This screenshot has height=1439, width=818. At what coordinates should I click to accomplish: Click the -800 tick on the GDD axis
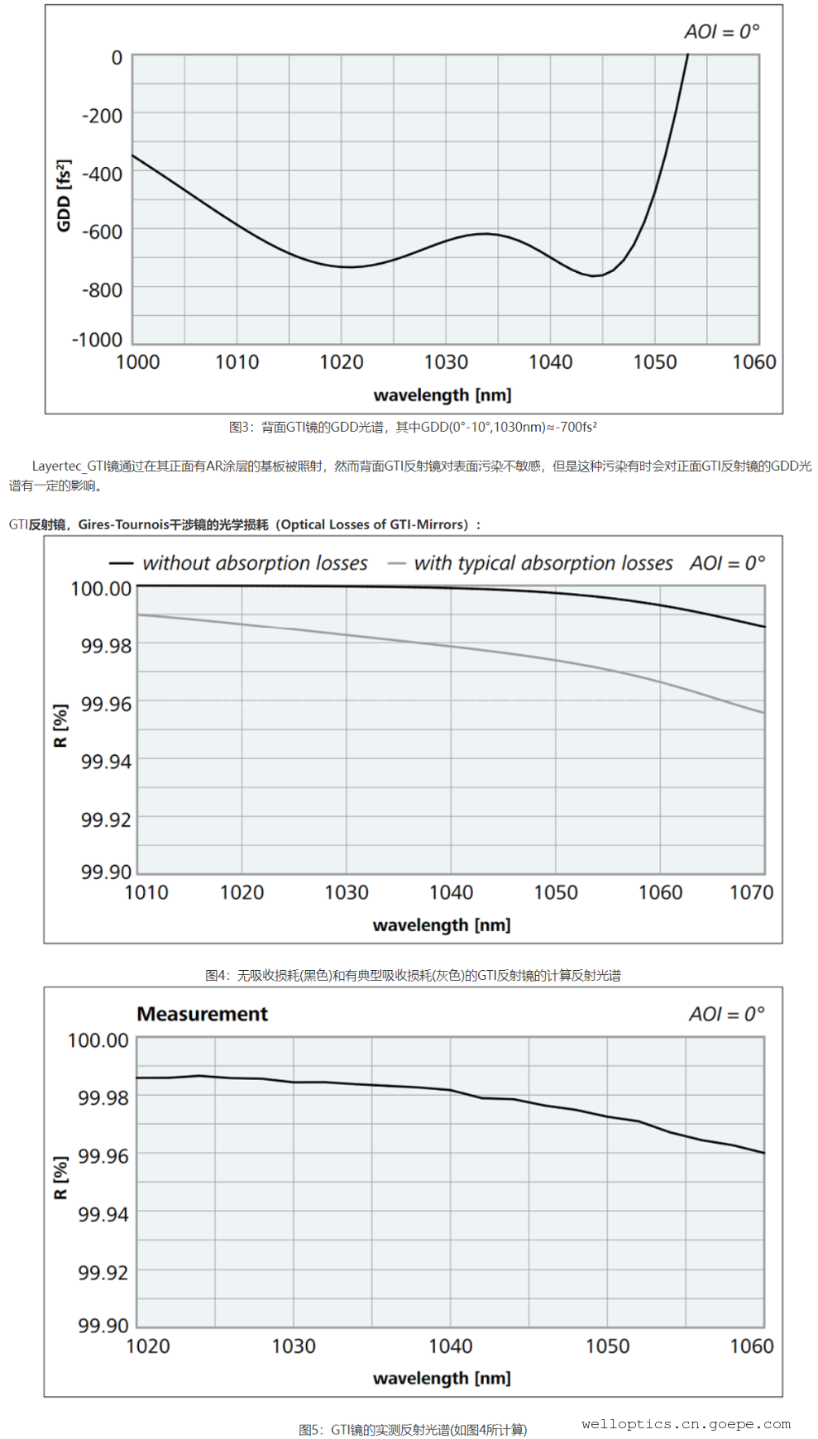(x=102, y=290)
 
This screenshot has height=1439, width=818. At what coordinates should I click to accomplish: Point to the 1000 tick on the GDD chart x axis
(x=137, y=362)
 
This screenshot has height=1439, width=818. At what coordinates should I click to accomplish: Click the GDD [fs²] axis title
(x=64, y=196)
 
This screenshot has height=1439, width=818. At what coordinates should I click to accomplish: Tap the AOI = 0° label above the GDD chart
(x=721, y=31)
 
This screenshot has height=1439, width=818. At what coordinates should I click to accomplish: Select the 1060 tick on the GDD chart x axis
(x=753, y=362)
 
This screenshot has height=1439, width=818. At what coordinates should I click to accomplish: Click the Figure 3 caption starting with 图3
(x=413, y=427)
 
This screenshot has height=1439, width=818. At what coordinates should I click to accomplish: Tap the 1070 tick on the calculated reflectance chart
(x=751, y=892)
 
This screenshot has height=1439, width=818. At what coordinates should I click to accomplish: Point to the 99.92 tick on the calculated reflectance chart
(x=106, y=820)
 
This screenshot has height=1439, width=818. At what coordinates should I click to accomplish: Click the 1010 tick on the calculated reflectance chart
(x=146, y=892)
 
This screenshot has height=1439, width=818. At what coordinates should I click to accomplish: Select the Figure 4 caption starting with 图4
(x=413, y=975)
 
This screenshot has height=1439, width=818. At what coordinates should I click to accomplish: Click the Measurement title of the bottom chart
(x=203, y=1014)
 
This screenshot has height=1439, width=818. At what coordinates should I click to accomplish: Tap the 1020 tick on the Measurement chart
(x=148, y=1346)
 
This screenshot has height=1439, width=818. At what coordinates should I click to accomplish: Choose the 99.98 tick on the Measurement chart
(x=103, y=1097)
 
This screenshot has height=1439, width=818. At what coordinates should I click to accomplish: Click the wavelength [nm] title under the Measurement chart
(x=442, y=1378)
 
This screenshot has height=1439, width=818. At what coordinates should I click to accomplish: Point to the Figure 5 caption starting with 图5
(x=413, y=1429)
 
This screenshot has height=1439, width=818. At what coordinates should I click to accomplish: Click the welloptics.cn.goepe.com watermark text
(x=686, y=1423)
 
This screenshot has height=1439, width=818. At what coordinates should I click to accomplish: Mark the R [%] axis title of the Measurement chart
(x=60, y=1177)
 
